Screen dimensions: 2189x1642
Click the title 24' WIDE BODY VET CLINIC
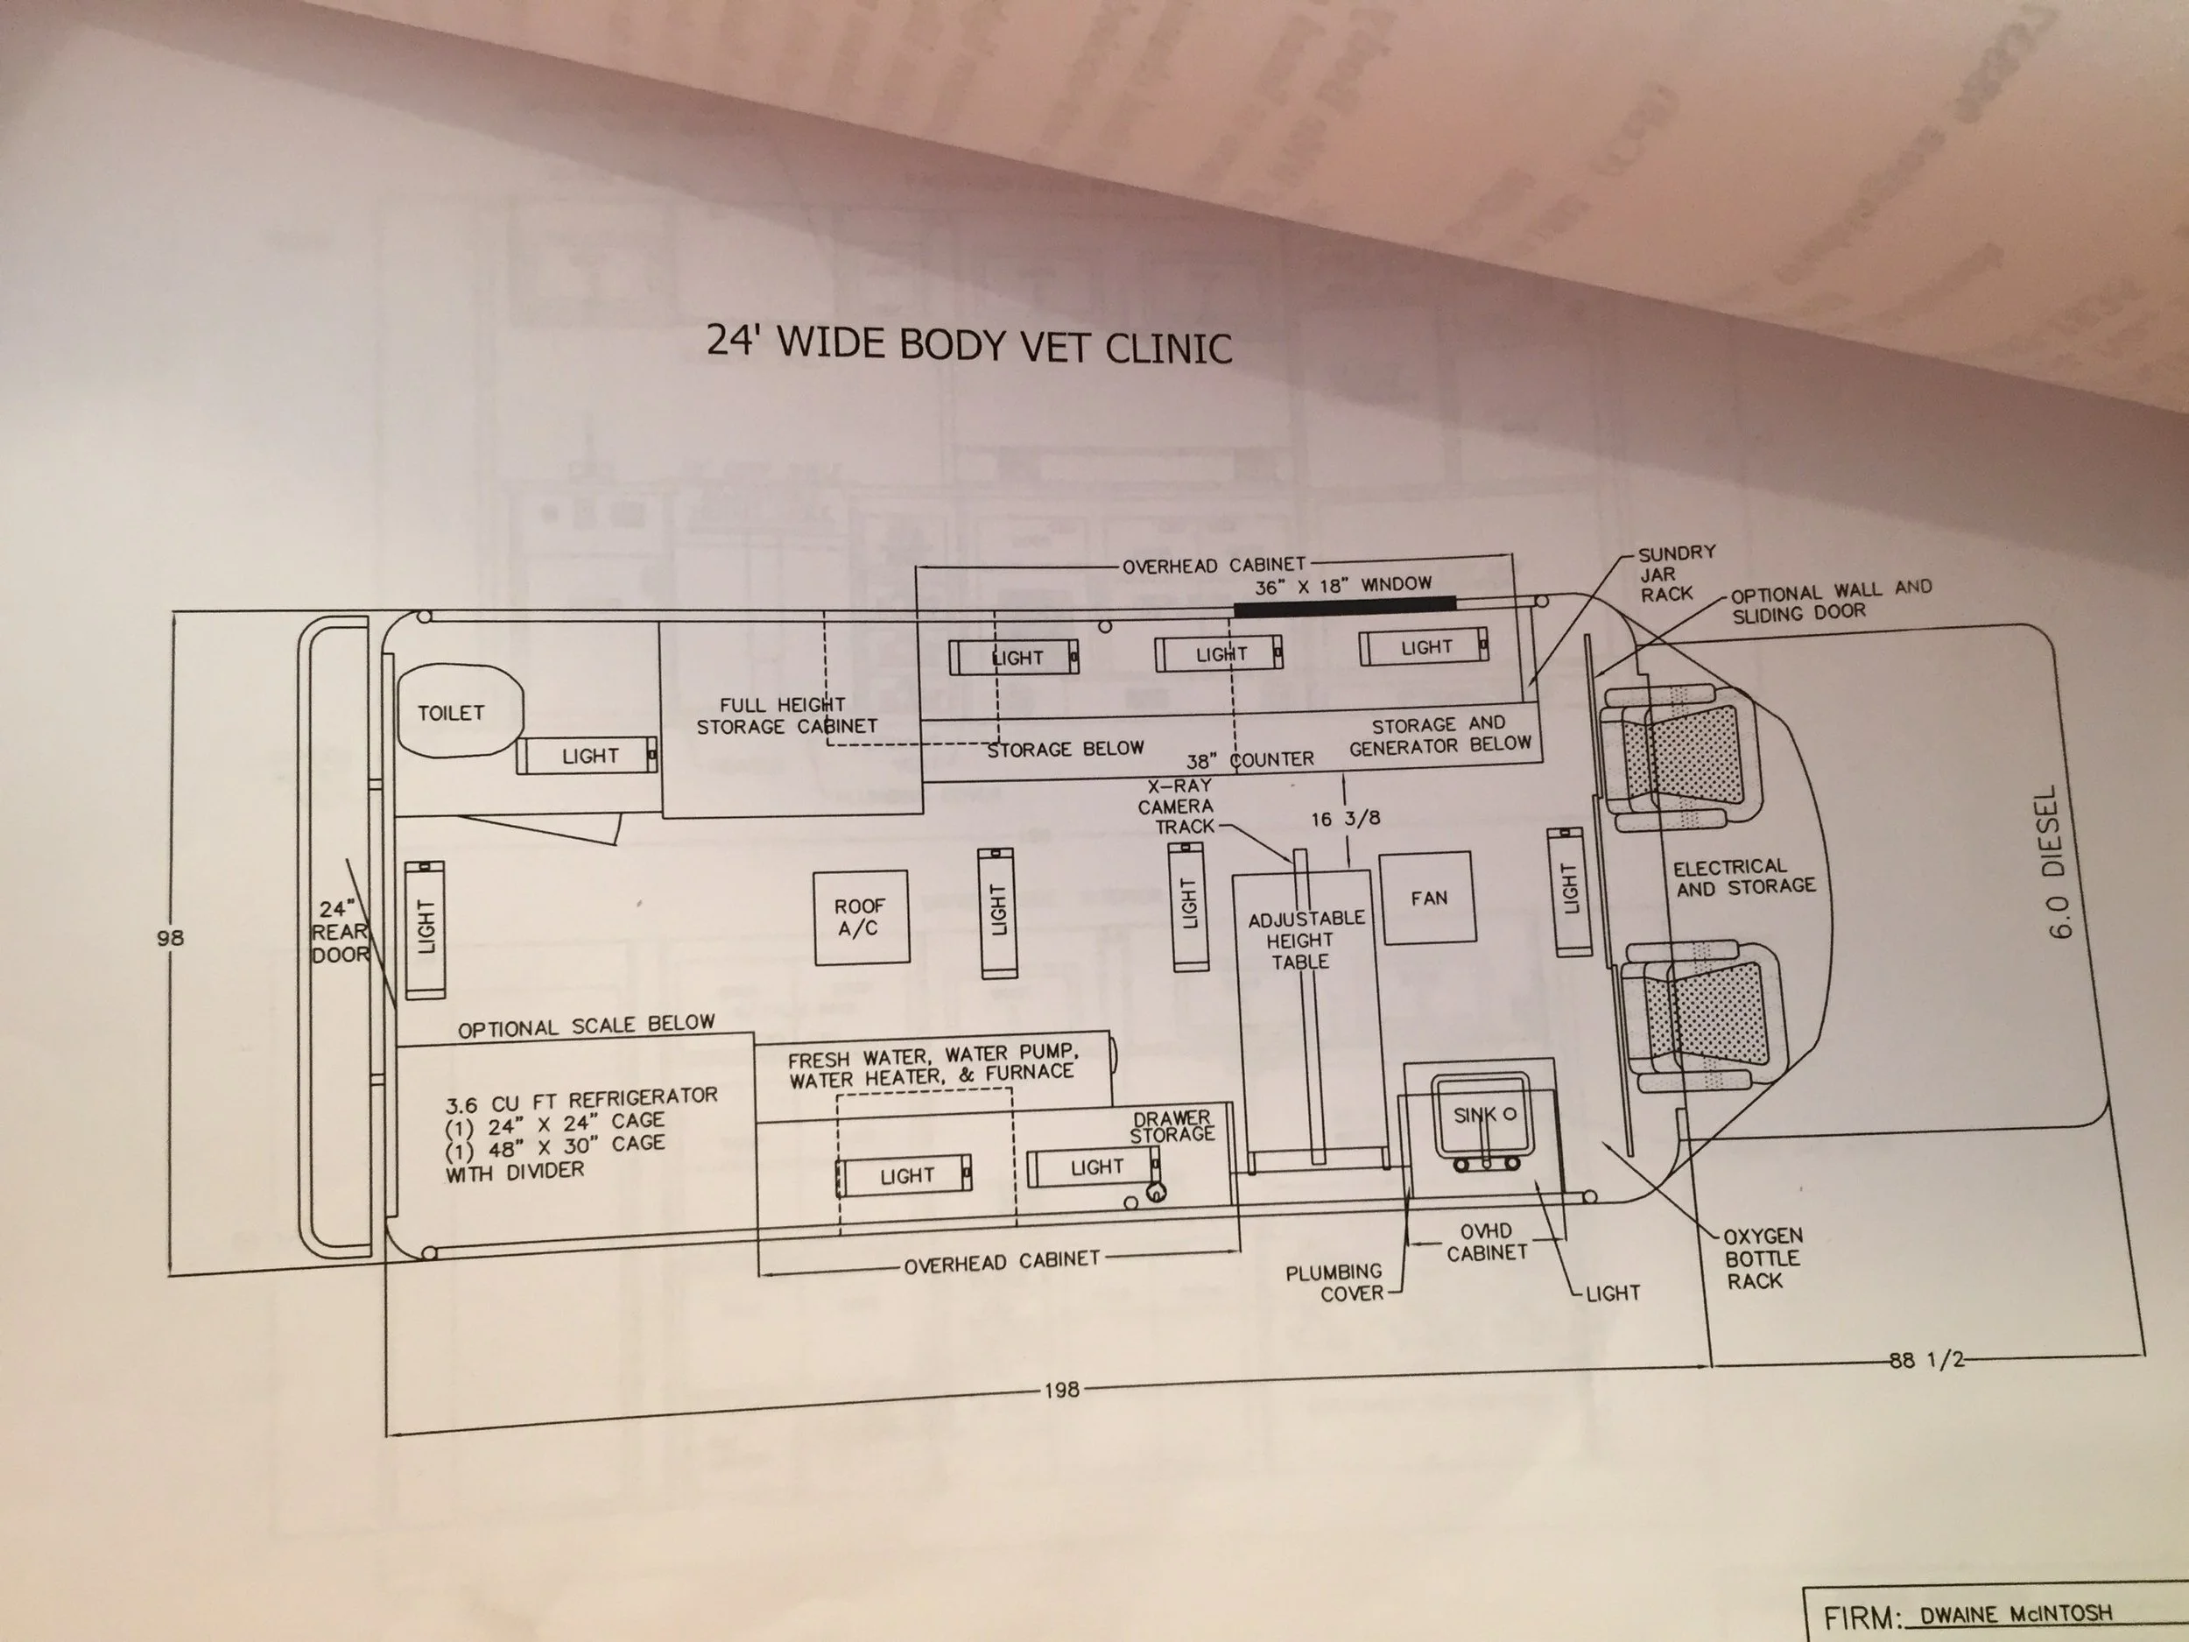click(970, 343)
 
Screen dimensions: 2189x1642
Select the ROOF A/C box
click(861, 918)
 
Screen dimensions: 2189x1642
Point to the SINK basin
click(1482, 1116)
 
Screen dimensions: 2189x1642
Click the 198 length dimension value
click(1061, 1390)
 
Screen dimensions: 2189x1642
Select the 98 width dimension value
click(169, 936)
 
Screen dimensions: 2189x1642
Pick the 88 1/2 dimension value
click(1925, 1359)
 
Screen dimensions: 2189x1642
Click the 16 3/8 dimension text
click(1345, 819)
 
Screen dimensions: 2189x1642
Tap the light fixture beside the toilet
click(587, 756)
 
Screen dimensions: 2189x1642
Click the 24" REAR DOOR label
click(341, 932)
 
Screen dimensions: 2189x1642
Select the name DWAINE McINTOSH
click(2016, 1614)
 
